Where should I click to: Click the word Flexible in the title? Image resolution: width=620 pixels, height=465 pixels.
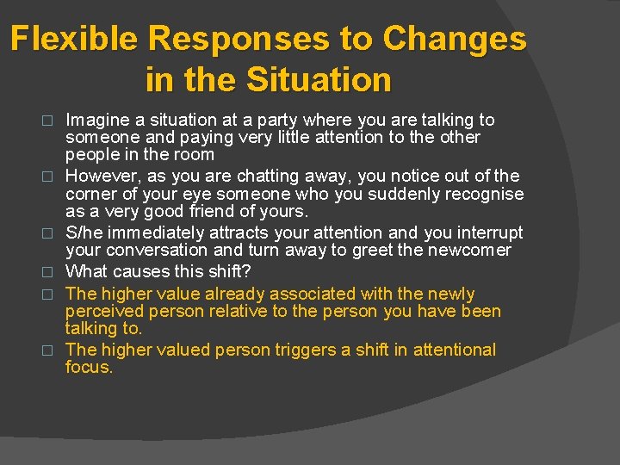[x=75, y=40]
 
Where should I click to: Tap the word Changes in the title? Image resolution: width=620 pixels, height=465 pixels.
[x=455, y=40]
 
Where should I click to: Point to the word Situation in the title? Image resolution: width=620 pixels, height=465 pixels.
[x=319, y=80]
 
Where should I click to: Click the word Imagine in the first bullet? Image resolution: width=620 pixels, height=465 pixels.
[x=96, y=120]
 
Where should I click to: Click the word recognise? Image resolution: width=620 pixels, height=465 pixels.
[x=481, y=194]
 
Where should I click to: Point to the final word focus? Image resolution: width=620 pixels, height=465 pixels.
[x=89, y=367]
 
